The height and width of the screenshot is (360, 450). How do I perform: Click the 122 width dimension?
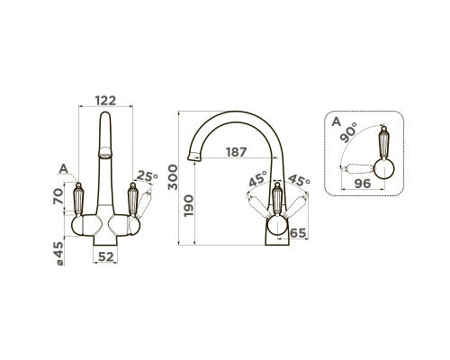point(105,101)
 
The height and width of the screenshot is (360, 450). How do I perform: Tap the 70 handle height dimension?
point(58,196)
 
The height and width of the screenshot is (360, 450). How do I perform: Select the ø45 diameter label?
point(58,254)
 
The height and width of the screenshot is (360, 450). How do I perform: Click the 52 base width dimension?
point(106,256)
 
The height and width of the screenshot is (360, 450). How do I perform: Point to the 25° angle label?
point(148,176)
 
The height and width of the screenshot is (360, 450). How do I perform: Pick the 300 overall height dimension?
point(173,177)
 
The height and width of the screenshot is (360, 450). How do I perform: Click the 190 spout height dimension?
point(189,206)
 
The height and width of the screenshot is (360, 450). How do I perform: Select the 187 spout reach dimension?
point(237,152)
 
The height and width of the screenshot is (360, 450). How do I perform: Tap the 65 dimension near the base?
point(298,233)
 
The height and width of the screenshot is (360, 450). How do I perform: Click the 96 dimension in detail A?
point(363,184)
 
